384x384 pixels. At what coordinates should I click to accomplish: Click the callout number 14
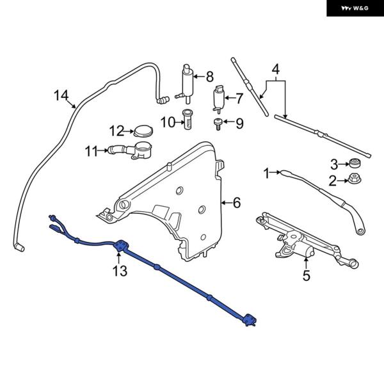point(61,96)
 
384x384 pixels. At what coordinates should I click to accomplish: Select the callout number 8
point(209,77)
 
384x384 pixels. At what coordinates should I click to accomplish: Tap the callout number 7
point(239,99)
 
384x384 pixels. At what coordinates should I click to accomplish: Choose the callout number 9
point(239,124)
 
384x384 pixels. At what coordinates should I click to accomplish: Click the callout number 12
point(116,131)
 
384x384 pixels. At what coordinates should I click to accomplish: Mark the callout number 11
point(92,152)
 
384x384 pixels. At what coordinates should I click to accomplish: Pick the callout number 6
point(236,203)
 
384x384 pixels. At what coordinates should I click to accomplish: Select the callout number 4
point(276,68)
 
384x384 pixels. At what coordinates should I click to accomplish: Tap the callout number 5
point(306,276)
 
